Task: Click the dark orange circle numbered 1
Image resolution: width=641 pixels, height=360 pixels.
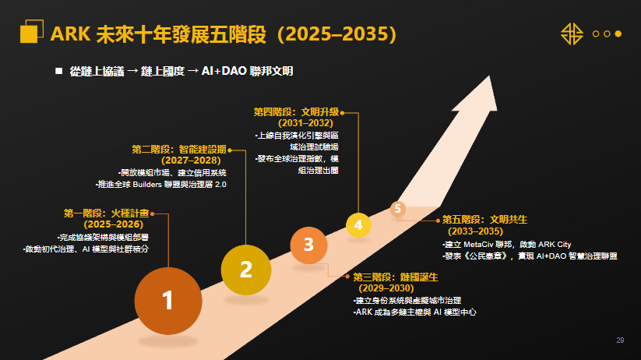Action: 168,301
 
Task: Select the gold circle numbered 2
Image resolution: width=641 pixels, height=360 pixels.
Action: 245,270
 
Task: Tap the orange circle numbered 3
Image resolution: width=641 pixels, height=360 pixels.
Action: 308,245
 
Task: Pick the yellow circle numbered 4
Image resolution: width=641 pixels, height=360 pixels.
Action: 358,225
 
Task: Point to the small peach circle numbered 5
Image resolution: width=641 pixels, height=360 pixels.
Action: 398,209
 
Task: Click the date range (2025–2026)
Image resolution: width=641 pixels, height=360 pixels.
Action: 113,224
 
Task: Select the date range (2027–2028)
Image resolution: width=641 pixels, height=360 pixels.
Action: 191,161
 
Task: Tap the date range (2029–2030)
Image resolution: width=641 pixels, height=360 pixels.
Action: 386,288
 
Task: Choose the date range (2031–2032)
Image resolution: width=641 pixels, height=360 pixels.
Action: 305,123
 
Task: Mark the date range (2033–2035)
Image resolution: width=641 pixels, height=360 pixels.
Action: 475,231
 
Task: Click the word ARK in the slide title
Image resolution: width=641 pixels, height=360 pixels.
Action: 70,34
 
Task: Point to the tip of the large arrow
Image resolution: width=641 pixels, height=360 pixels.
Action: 489,76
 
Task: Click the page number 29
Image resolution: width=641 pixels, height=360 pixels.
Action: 620,341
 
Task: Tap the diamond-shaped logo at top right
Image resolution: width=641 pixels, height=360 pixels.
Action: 572,34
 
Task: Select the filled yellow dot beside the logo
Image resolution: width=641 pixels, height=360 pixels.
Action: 618,34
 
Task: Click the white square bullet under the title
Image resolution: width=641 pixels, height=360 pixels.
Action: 59,71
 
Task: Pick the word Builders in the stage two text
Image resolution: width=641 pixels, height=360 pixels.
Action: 147,185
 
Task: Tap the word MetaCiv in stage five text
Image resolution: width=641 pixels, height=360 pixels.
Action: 478,245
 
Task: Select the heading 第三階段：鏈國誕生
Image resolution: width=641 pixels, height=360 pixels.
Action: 396,277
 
